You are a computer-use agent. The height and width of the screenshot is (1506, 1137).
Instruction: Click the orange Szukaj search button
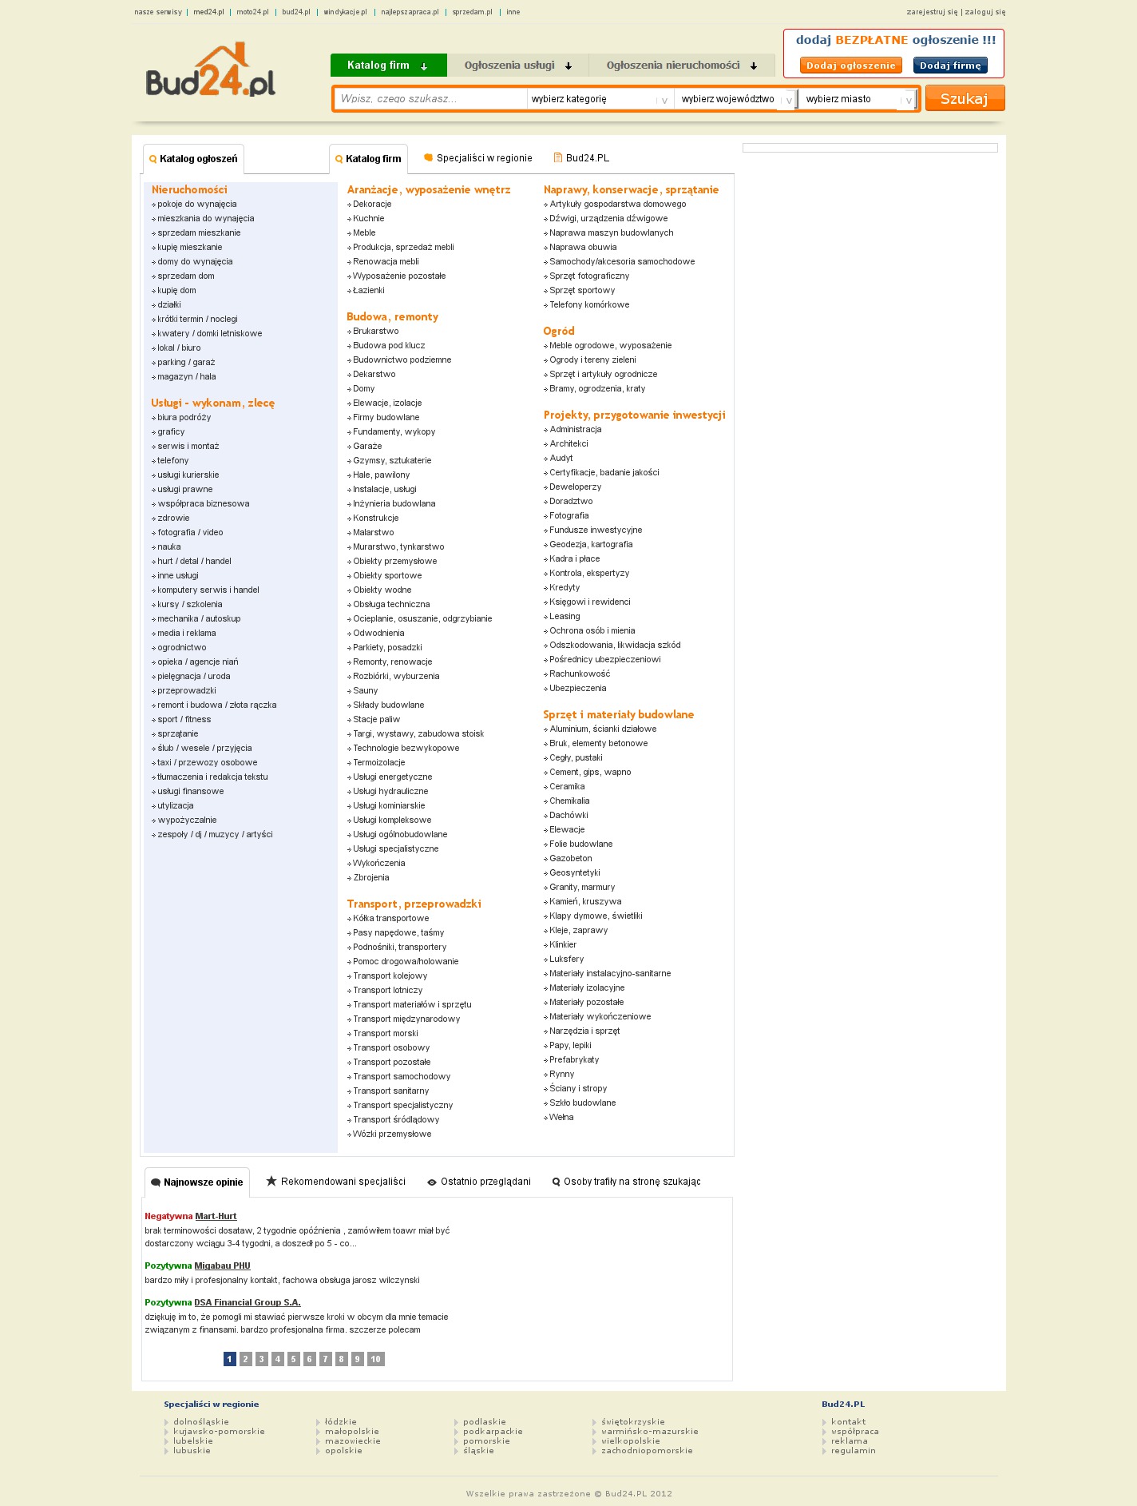point(964,98)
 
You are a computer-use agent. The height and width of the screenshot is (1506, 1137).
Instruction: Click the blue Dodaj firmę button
point(950,66)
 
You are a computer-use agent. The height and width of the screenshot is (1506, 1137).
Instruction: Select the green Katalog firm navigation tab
point(388,66)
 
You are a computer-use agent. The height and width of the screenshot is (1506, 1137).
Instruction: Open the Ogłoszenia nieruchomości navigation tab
point(681,66)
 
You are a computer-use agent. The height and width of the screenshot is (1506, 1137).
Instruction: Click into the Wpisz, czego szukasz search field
point(430,99)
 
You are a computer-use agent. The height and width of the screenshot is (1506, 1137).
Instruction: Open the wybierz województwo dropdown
point(735,99)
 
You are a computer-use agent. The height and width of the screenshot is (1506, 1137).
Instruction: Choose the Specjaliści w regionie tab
point(484,158)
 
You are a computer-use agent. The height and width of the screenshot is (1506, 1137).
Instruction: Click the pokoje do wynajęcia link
point(197,205)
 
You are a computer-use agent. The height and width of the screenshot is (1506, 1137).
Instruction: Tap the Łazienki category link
point(369,291)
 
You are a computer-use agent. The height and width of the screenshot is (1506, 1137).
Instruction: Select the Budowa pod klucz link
point(389,346)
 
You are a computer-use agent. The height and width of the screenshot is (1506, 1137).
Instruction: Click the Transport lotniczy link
point(388,991)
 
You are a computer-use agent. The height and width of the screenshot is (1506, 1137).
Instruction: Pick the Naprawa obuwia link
point(583,248)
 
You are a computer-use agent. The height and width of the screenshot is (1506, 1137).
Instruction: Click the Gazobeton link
point(571,859)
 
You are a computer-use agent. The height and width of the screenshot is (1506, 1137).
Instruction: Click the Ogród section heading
point(559,332)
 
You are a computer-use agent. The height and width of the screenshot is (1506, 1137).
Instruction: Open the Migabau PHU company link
point(222,1266)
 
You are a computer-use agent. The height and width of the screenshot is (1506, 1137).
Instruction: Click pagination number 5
point(294,1359)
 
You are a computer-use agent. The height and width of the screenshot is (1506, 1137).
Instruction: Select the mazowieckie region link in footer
point(353,1441)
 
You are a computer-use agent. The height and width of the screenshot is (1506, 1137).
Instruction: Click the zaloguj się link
point(985,12)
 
